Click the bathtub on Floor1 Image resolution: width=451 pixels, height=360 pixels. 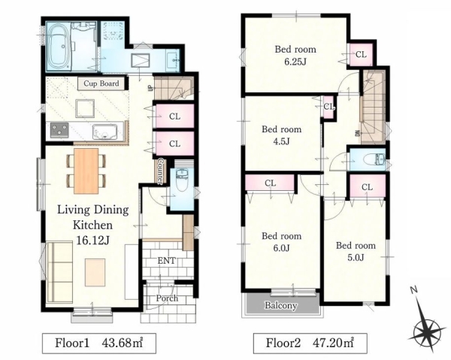pyautogui.click(x=58, y=47)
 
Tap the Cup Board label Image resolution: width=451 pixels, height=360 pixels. pyautogui.click(x=101, y=83)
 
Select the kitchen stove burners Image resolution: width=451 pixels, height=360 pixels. pyautogui.click(x=59, y=130)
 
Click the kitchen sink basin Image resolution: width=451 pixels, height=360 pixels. pyautogui.click(x=104, y=132)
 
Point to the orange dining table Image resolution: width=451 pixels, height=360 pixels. pyautogui.click(x=86, y=171)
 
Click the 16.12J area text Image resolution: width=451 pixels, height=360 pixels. pyautogui.click(x=92, y=241)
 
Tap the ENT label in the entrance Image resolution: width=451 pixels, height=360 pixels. pyautogui.click(x=167, y=261)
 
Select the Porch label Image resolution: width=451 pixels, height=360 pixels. pyautogui.click(x=167, y=298)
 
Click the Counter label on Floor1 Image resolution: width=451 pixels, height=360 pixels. pyautogui.click(x=161, y=171)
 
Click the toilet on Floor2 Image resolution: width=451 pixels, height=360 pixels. pyautogui.click(x=374, y=159)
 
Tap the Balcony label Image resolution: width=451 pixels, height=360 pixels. pyautogui.click(x=280, y=305)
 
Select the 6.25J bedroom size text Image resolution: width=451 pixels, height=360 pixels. pyautogui.click(x=295, y=62)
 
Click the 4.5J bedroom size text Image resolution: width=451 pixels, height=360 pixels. pyautogui.click(x=281, y=141)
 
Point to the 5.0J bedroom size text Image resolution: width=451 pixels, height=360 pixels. pyautogui.click(x=356, y=257)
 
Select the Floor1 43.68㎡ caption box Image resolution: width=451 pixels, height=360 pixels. pyautogui.click(x=99, y=343)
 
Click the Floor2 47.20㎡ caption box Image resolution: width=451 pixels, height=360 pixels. pyautogui.click(x=310, y=343)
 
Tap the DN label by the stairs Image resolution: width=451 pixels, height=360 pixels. pyautogui.click(x=358, y=134)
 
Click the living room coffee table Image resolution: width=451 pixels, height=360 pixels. pyautogui.click(x=95, y=272)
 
